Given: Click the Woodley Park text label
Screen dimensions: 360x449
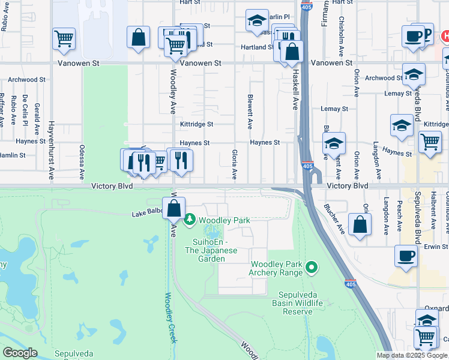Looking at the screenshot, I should [224, 221].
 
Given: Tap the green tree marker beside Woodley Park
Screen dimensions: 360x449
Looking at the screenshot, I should [190, 220].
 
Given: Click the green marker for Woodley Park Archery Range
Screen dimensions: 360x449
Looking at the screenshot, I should [311, 266].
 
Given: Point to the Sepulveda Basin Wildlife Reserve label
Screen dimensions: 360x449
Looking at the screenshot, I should [301, 303].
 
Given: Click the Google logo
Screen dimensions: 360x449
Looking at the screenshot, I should [20, 353].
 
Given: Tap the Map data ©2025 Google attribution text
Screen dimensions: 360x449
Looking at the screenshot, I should [412, 355].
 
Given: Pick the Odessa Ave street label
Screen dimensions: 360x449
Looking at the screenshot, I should [82, 163].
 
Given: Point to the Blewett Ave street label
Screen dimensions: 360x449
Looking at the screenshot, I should [250, 111].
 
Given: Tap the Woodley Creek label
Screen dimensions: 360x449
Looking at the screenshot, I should [171, 317].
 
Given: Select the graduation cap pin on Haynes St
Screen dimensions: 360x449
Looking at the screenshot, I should [334, 144].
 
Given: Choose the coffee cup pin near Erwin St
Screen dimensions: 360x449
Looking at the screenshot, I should [406, 256].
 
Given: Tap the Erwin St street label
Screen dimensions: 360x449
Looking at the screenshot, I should [436, 247].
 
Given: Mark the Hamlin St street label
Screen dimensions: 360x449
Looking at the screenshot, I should [13, 155].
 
